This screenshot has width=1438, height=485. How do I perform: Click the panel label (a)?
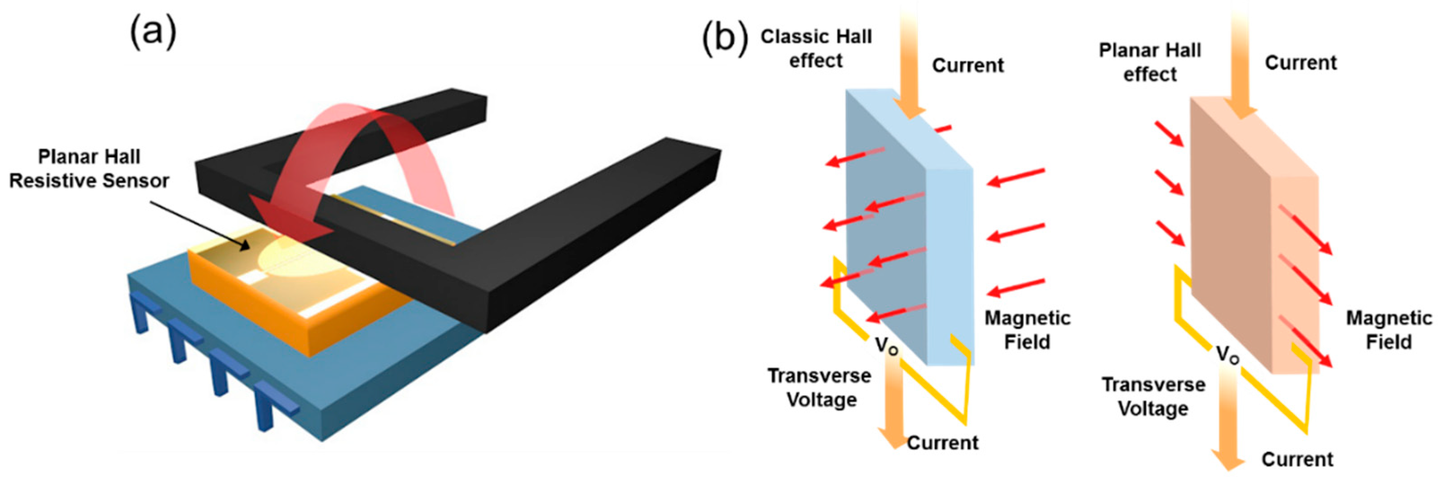tap(153, 32)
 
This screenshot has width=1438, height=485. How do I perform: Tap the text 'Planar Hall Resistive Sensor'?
tap(89, 168)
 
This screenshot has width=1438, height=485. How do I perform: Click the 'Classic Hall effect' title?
tap(816, 48)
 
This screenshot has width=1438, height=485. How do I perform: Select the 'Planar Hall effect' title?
tap(1149, 62)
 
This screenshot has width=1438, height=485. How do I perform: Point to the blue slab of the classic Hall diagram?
tap(888, 223)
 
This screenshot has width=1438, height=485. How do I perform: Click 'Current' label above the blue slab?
tap(967, 65)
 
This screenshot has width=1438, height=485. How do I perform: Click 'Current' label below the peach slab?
tap(1297, 459)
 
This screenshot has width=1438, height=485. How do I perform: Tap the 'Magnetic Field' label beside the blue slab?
tap(1027, 329)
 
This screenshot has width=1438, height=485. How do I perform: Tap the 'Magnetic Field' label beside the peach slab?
tap(1388, 329)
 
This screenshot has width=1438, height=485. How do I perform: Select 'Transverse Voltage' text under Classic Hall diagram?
tap(819, 388)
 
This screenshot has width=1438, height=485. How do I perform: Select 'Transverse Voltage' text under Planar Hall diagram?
tap(1153, 396)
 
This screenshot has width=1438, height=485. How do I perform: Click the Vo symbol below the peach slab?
tap(1227, 354)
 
